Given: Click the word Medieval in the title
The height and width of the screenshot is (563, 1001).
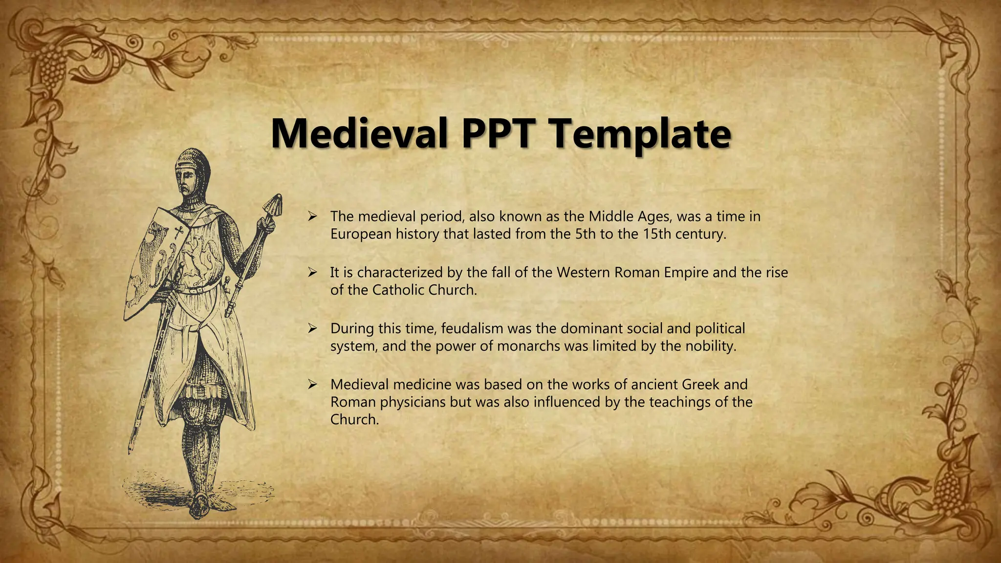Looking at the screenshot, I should click(359, 133).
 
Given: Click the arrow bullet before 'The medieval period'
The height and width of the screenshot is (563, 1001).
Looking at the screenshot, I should click(313, 217).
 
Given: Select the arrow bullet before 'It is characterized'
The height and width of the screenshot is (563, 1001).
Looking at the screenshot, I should click(313, 273).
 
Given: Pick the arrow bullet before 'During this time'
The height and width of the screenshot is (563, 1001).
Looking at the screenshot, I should click(313, 328).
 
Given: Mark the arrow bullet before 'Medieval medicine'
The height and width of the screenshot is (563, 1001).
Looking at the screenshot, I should click(313, 385).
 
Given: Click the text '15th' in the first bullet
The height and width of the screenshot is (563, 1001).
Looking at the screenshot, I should click(656, 234).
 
